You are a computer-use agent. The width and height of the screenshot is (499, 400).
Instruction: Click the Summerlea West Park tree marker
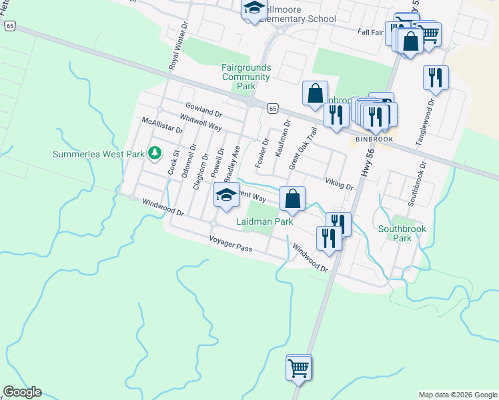coord(155,153)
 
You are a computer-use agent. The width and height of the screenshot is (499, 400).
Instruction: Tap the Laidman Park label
coord(265,221)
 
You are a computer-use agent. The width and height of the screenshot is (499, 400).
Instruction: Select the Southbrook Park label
coord(402,233)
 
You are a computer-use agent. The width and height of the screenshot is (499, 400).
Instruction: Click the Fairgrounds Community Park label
coord(246,77)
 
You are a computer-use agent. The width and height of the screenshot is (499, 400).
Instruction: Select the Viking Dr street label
coord(339,183)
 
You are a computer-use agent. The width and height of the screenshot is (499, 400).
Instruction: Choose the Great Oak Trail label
coord(301,147)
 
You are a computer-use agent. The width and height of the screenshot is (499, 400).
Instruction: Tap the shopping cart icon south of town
coord(298,366)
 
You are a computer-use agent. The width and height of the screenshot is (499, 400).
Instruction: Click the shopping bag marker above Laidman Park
coord(292,198)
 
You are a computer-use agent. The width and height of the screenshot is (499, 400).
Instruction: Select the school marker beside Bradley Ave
coord(226,195)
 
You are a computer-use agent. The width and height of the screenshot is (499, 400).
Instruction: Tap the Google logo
coord(22,392)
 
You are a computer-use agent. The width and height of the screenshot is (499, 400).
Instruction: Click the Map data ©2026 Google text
coord(458,395)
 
